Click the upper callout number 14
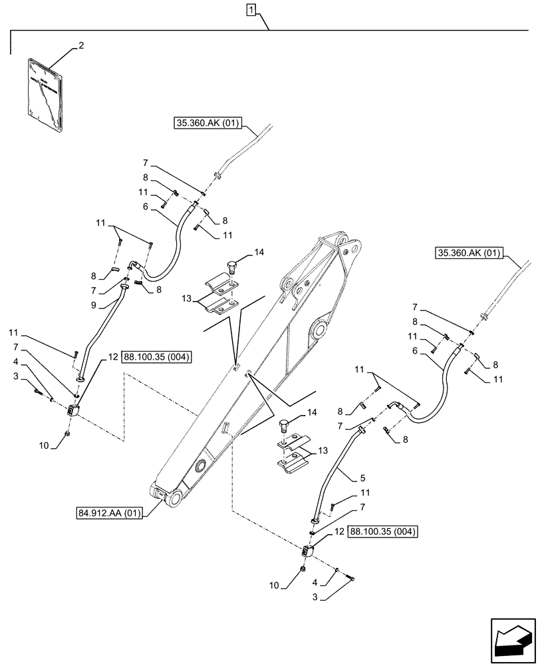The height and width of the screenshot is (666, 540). point(258,253)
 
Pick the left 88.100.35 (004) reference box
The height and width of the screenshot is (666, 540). point(156,357)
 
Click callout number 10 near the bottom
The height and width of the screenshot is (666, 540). point(274,586)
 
